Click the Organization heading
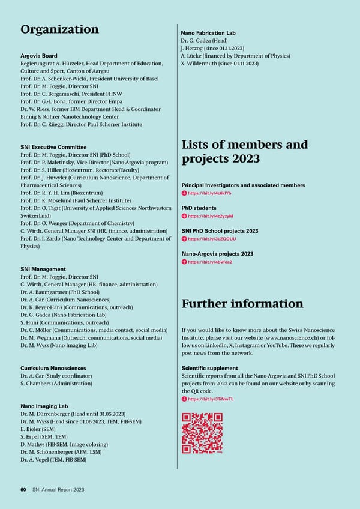(59, 29)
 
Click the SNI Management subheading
(43, 269)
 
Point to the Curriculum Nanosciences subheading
(53, 368)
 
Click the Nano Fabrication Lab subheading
(209, 33)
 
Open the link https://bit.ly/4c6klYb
(209, 193)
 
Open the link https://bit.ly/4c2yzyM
(210, 216)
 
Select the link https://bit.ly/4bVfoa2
(210, 262)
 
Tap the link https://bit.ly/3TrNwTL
(211, 399)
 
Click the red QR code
(202, 433)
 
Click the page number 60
(23, 490)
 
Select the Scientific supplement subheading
(209, 368)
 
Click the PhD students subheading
(199, 208)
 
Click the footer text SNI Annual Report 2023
(58, 490)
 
